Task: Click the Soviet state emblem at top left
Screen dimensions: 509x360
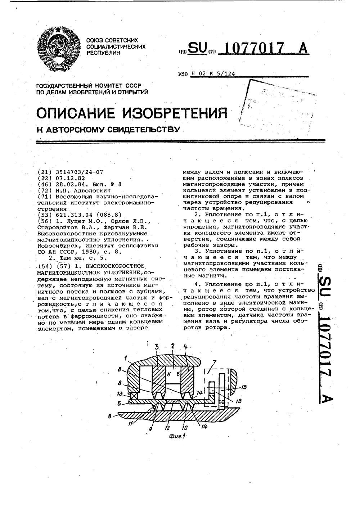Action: (59, 50)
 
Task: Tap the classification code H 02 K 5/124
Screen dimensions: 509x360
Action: (213, 73)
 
